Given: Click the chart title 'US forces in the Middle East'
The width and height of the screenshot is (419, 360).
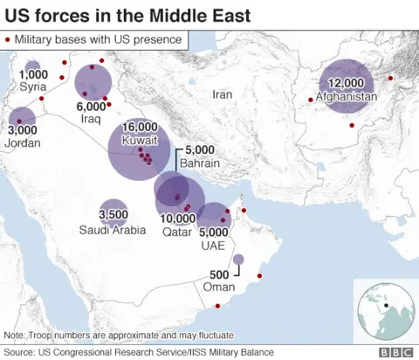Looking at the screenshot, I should pyautogui.click(x=128, y=16).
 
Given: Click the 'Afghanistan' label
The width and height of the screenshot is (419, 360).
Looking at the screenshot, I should pyautogui.click(x=347, y=96).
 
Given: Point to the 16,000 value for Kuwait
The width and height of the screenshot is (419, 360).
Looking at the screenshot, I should pyautogui.click(x=141, y=128).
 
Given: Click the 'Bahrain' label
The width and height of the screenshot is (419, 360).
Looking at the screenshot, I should pyautogui.click(x=200, y=163).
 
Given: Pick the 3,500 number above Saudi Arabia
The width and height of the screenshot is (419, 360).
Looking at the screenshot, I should pyautogui.click(x=113, y=214).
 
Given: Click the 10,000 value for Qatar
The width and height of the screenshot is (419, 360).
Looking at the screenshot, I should pyautogui.click(x=178, y=218).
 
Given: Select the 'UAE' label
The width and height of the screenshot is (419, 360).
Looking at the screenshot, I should pyautogui.click(x=213, y=246).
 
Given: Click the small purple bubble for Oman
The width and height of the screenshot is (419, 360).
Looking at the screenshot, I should pyautogui.click(x=238, y=260).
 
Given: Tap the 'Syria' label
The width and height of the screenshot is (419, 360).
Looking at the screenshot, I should pyautogui.click(x=33, y=87).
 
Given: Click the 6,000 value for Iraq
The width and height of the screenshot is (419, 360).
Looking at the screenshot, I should pyautogui.click(x=92, y=106).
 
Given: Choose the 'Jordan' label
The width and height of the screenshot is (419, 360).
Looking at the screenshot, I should pyautogui.click(x=24, y=142).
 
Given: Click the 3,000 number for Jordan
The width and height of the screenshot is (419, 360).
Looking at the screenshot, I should pyautogui.click(x=22, y=130).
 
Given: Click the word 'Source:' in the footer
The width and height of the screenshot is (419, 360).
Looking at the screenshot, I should pyautogui.click(x=20, y=352).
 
